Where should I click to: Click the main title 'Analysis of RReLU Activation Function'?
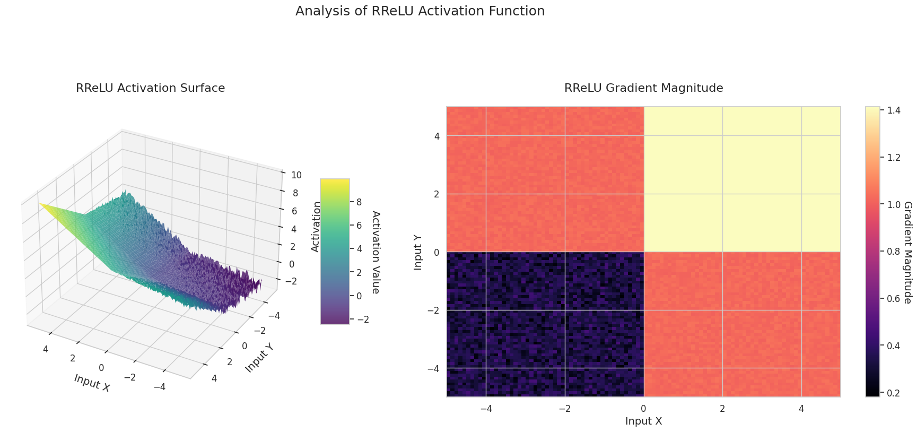420,11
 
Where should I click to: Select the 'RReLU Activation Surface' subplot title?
150,88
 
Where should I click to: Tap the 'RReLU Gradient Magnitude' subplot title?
643,88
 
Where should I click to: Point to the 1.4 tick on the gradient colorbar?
890,110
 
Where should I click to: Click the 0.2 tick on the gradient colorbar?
890,393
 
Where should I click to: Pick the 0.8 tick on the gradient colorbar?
890,252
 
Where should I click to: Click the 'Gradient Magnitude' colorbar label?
907,252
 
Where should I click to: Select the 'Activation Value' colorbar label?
375,252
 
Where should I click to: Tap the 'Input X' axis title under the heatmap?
643,421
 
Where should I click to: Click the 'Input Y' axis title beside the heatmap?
418,252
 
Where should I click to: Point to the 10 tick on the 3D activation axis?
296,175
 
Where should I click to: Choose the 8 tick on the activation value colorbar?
359,202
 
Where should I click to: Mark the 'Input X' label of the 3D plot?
92,383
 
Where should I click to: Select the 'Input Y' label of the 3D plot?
260,357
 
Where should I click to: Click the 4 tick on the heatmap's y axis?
437,136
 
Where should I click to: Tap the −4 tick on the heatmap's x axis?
486,409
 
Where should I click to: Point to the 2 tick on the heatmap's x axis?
722,409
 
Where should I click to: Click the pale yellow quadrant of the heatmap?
742,179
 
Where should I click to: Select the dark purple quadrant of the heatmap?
545,324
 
